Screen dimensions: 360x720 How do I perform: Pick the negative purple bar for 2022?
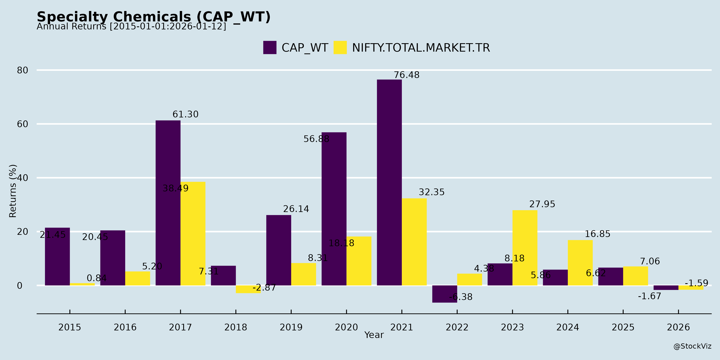(x=444, y=294)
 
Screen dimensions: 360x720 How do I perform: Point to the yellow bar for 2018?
(x=248, y=289)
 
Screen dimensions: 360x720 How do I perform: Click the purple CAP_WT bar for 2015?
(x=57, y=256)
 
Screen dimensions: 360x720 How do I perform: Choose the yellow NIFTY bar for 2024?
(x=580, y=263)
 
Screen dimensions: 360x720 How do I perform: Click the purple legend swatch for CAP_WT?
(x=270, y=48)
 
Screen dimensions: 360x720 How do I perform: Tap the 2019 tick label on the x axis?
(x=291, y=327)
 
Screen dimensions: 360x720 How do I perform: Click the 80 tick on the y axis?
(x=22, y=70)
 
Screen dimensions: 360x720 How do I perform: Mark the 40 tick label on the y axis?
(x=22, y=178)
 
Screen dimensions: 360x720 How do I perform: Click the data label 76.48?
(x=406, y=75)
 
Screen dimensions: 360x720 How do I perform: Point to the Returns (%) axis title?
(x=13, y=191)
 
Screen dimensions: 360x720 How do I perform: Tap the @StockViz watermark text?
(x=692, y=346)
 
